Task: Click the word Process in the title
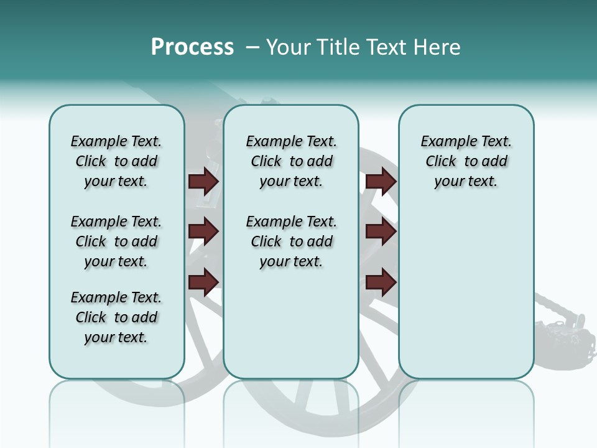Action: pos(192,47)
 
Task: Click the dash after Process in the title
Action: pos(252,48)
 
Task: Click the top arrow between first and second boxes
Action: pos(203,182)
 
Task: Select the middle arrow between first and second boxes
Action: pos(203,232)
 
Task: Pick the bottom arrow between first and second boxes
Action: pos(203,282)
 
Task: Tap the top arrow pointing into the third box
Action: pos(381,182)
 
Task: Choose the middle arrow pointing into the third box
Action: pos(381,232)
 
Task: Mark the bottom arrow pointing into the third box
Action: pos(381,282)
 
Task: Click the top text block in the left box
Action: pos(116,161)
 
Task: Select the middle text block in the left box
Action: pos(116,241)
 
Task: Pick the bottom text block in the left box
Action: pos(116,317)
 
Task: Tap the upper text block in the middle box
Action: pos(291,161)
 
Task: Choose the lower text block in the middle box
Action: pos(291,241)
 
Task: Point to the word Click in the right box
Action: pos(441,162)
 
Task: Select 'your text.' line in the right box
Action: pos(466,182)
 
